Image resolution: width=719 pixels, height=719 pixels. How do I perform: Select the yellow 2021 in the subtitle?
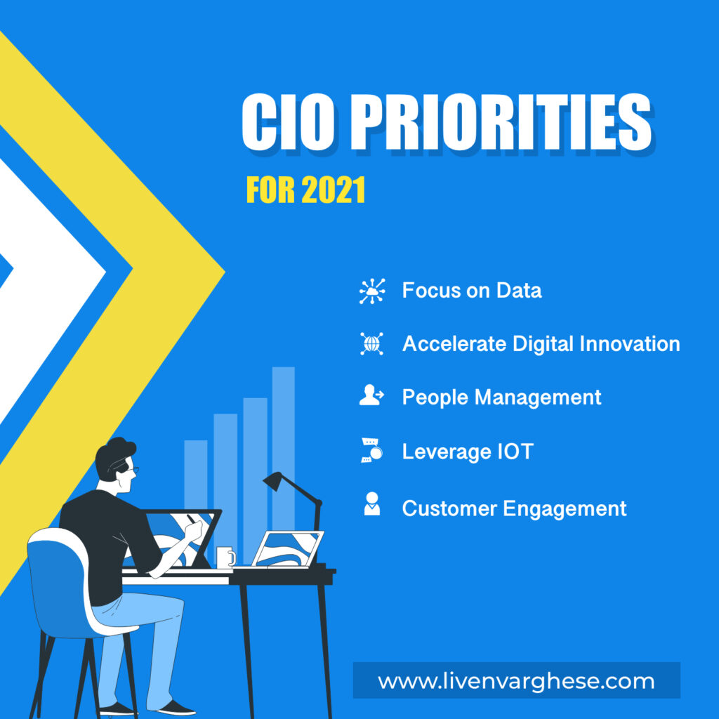[x=333, y=190]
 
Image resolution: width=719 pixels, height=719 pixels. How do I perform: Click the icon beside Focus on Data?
[x=372, y=291]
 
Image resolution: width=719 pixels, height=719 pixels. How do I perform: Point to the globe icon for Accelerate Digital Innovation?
[x=372, y=343]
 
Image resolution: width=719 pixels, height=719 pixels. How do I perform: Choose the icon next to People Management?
[x=371, y=397]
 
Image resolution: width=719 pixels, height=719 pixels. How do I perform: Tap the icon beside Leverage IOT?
[x=371, y=451]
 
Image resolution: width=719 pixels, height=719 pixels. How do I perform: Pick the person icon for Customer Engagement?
[x=371, y=506]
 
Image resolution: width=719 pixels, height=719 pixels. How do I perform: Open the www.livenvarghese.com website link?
[x=516, y=681]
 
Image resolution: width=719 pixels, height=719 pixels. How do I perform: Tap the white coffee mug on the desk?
[x=225, y=557]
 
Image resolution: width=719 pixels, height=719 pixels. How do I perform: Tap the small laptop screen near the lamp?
[x=288, y=548]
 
